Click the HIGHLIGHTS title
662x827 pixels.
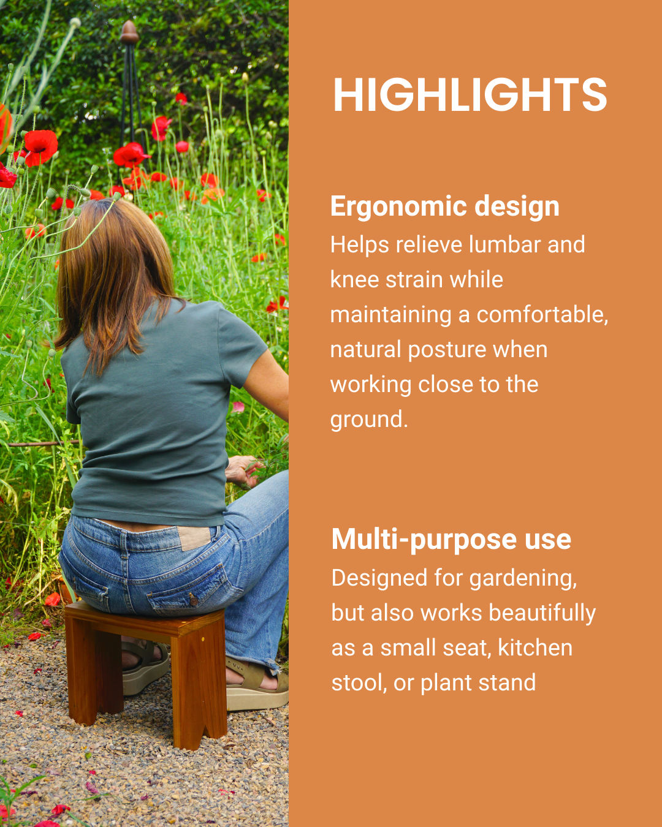coord(470,95)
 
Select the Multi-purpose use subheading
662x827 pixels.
coord(451,540)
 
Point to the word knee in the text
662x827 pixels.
coord(353,280)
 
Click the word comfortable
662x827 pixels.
coord(542,315)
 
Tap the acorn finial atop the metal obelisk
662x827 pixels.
coord(129,32)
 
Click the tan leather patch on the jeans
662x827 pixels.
coord(194,538)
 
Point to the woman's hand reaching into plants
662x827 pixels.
coord(242,470)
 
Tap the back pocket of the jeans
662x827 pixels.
coord(190,588)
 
